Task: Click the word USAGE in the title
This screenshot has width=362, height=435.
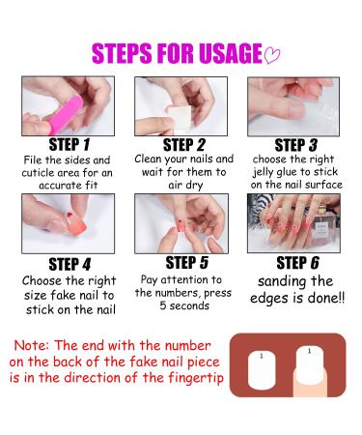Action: pyautogui.click(x=231, y=53)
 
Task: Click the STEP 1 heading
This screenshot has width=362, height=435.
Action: pyautogui.click(x=70, y=145)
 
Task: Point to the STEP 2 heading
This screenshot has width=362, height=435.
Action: pyautogui.click(x=183, y=145)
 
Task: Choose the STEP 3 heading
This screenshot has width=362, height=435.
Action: pyautogui.click(x=295, y=145)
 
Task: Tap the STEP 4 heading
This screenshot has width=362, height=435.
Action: pyautogui.click(x=70, y=265)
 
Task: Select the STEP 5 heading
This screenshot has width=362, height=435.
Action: pyautogui.click(x=186, y=263)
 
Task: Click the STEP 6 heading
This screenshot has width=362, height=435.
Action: pyautogui.click(x=297, y=263)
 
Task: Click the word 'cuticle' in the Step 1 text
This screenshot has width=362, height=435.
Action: pyautogui.click(x=38, y=173)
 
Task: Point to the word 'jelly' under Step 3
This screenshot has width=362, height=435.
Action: pyautogui.click(x=263, y=172)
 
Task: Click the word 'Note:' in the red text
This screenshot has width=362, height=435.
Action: pyautogui.click(x=32, y=345)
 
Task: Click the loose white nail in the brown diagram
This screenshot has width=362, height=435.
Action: pyautogui.click(x=263, y=369)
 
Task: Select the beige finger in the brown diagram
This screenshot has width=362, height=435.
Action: pyautogui.click(x=310, y=385)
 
